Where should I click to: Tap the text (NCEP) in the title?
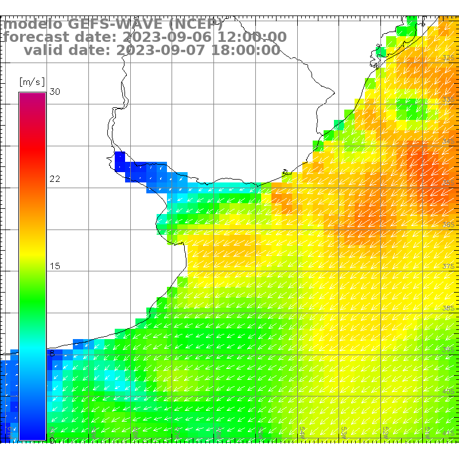coord(193,24)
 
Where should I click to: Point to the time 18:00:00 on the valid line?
coord(246,50)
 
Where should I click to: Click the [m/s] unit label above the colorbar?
coord(32,81)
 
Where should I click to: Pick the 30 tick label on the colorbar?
coord(55,92)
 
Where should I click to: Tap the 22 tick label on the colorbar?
coord(55,179)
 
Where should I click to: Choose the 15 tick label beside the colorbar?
coord(55,266)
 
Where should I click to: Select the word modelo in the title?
coord(33,24)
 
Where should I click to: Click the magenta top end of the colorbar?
coord(32,96)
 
